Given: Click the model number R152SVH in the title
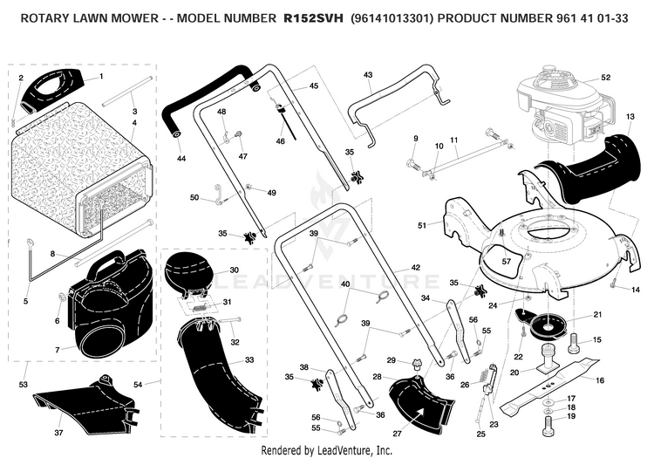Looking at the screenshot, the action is point(313,18).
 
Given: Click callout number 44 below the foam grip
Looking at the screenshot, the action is point(181,159).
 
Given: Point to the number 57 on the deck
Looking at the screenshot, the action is point(507,262).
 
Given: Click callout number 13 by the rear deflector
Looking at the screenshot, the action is point(630,116).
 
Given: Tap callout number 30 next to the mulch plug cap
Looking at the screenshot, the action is point(234,270).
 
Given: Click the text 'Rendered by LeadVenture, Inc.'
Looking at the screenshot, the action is point(327,450).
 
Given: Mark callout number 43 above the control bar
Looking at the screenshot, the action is point(368,75).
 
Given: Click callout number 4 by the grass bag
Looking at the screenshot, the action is point(134,123).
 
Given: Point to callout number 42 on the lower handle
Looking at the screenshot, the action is point(415,267).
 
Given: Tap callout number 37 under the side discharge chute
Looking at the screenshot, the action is point(58,433).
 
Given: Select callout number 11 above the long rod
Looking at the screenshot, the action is point(454,140).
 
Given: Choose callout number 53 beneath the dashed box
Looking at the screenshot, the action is point(23,384).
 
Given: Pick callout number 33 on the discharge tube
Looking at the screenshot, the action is point(249,360).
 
